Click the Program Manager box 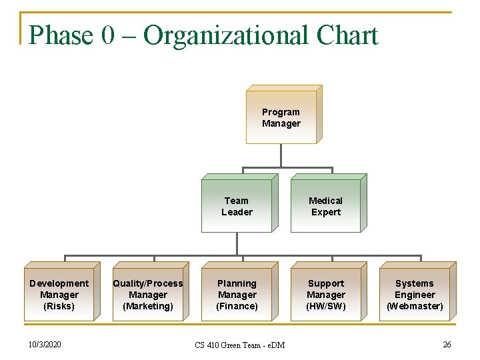point(281,117)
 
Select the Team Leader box point(237,206)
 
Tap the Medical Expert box point(325,206)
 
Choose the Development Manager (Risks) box point(59,295)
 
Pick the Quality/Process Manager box point(147,295)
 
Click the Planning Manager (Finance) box point(237,295)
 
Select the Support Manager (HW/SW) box point(325,295)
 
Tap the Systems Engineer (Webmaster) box point(415,295)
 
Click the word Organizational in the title point(226,35)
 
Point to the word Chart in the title point(347,35)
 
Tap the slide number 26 point(447,344)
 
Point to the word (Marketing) point(147,306)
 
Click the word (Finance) point(237,306)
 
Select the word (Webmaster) point(415,306)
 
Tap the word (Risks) point(59,306)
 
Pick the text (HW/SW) point(325,306)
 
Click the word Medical point(325,201)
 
